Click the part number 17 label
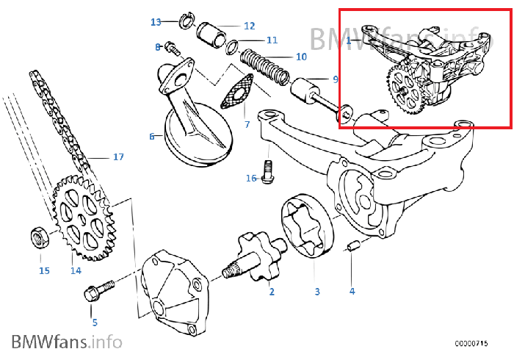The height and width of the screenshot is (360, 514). (x=118, y=156)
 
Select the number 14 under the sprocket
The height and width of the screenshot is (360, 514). (x=76, y=270)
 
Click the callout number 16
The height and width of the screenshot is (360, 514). (x=251, y=178)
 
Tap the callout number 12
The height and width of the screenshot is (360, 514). (x=250, y=25)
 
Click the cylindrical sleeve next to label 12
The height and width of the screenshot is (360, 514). (x=212, y=35)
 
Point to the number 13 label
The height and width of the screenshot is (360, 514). (x=156, y=22)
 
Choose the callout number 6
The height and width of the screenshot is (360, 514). (x=152, y=136)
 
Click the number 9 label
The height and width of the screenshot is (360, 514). (x=335, y=79)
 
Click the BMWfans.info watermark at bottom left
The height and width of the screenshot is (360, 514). (x=66, y=341)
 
